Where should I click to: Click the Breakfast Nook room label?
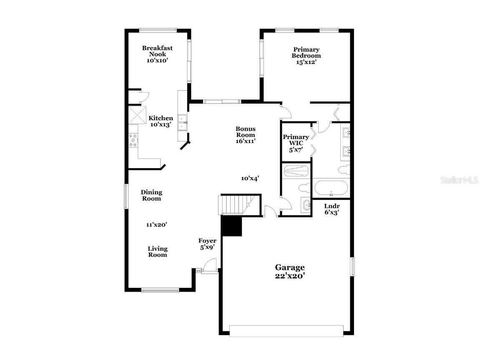pyautogui.click(x=157, y=51)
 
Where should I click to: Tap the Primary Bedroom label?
pyautogui.click(x=306, y=53)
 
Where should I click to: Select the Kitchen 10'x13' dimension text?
pyautogui.click(x=161, y=124)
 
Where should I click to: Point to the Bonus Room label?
pyautogui.click(x=245, y=132)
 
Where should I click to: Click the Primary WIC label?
pyautogui.click(x=296, y=140)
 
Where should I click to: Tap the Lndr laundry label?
pyautogui.click(x=332, y=206)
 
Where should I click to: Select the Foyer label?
pyautogui.click(x=207, y=241)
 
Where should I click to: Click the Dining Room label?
pyautogui.click(x=151, y=195)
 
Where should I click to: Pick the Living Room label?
pyautogui.click(x=158, y=252)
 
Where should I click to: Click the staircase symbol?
pyautogui.click(x=234, y=205)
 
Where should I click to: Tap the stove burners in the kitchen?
pyautogui.click(x=133, y=141)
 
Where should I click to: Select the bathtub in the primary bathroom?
pyautogui.click(x=331, y=188)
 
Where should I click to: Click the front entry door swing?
pyautogui.click(x=211, y=265)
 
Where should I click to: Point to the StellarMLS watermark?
pyautogui.click(x=458, y=180)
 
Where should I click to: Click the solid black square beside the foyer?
pyautogui.click(x=232, y=226)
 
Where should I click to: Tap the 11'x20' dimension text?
pyautogui.click(x=156, y=224)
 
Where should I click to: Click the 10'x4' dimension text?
pyautogui.click(x=250, y=178)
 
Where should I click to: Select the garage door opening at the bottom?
pyautogui.click(x=286, y=331)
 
